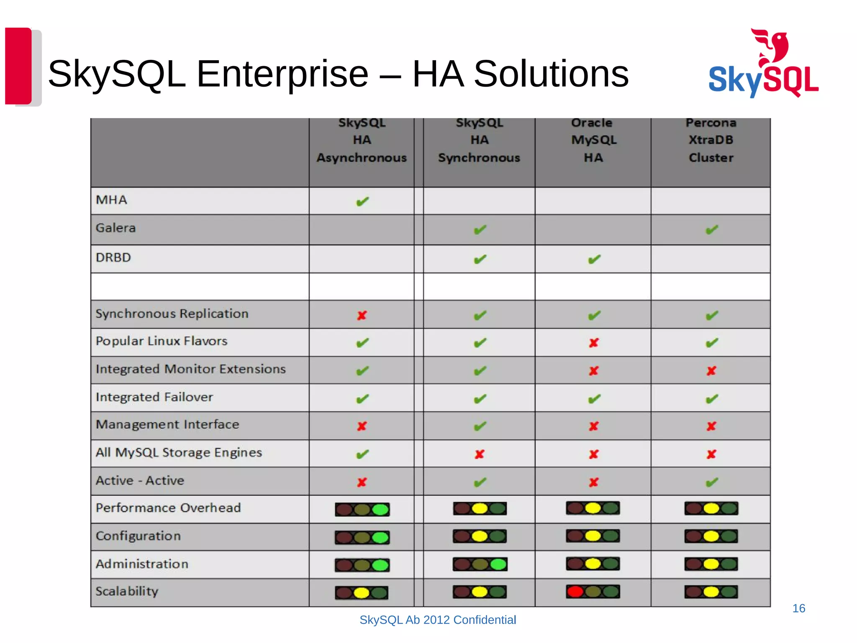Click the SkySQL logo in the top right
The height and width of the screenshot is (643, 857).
763,65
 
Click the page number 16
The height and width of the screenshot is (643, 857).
798,608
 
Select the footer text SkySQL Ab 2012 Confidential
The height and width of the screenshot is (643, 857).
438,620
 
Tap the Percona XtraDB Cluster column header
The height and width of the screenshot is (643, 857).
711,140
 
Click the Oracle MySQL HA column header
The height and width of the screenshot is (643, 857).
593,140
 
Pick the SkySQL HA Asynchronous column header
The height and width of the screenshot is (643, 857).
362,140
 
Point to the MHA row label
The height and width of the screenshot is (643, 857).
111,200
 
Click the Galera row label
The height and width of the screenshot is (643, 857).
116,228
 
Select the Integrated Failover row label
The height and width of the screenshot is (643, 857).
154,397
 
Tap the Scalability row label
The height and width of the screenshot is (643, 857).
127,592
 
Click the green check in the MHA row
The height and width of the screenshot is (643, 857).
362,202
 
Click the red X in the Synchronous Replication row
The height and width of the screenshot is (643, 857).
362,315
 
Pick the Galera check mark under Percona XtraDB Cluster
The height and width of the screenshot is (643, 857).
712,230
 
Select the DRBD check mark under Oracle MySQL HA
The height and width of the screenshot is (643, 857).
594,260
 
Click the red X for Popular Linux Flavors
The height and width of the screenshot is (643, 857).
594,343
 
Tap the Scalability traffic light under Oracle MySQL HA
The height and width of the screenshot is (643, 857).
593,592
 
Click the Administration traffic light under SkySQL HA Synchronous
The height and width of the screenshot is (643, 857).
480,564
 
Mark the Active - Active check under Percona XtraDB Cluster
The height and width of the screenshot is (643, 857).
712,482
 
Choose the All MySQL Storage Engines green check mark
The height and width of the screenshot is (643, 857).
362,454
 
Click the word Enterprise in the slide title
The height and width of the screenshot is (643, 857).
282,74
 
